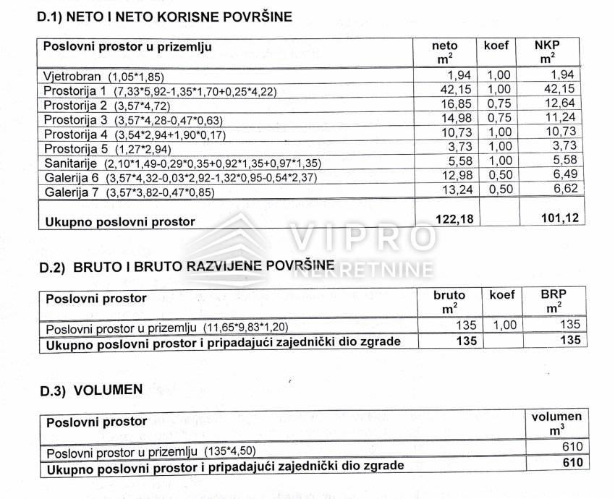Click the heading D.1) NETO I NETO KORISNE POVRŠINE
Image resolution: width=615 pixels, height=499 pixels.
tap(164, 17)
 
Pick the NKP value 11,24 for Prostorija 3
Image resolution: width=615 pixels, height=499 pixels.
tap(559, 119)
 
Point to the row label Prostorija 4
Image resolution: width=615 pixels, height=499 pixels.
tap(75, 135)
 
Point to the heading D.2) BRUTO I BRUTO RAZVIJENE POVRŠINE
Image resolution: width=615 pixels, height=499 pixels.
tap(186, 268)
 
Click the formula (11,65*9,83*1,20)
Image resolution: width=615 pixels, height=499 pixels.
tap(250, 328)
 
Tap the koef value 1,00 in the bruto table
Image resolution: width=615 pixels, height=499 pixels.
tap(502, 325)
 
